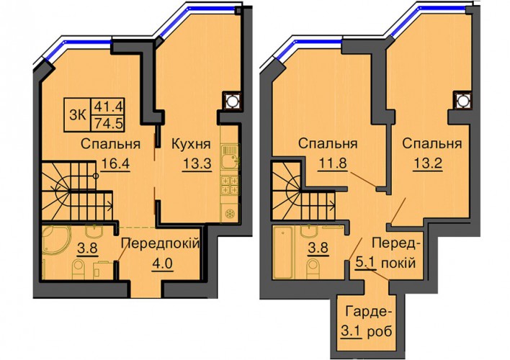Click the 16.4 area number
coord(115,163)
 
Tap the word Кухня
coord(191,144)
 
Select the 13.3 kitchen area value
coord(197,163)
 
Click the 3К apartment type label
coord(78,115)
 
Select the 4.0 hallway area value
coord(162,263)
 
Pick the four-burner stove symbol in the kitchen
coord(230,185)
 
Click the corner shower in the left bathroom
coord(55,240)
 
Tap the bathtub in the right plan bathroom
coord(282,252)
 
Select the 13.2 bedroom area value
coord(428,163)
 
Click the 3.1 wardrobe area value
coord(352,332)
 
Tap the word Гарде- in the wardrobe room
coord(366,312)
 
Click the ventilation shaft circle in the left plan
coord(231,100)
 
